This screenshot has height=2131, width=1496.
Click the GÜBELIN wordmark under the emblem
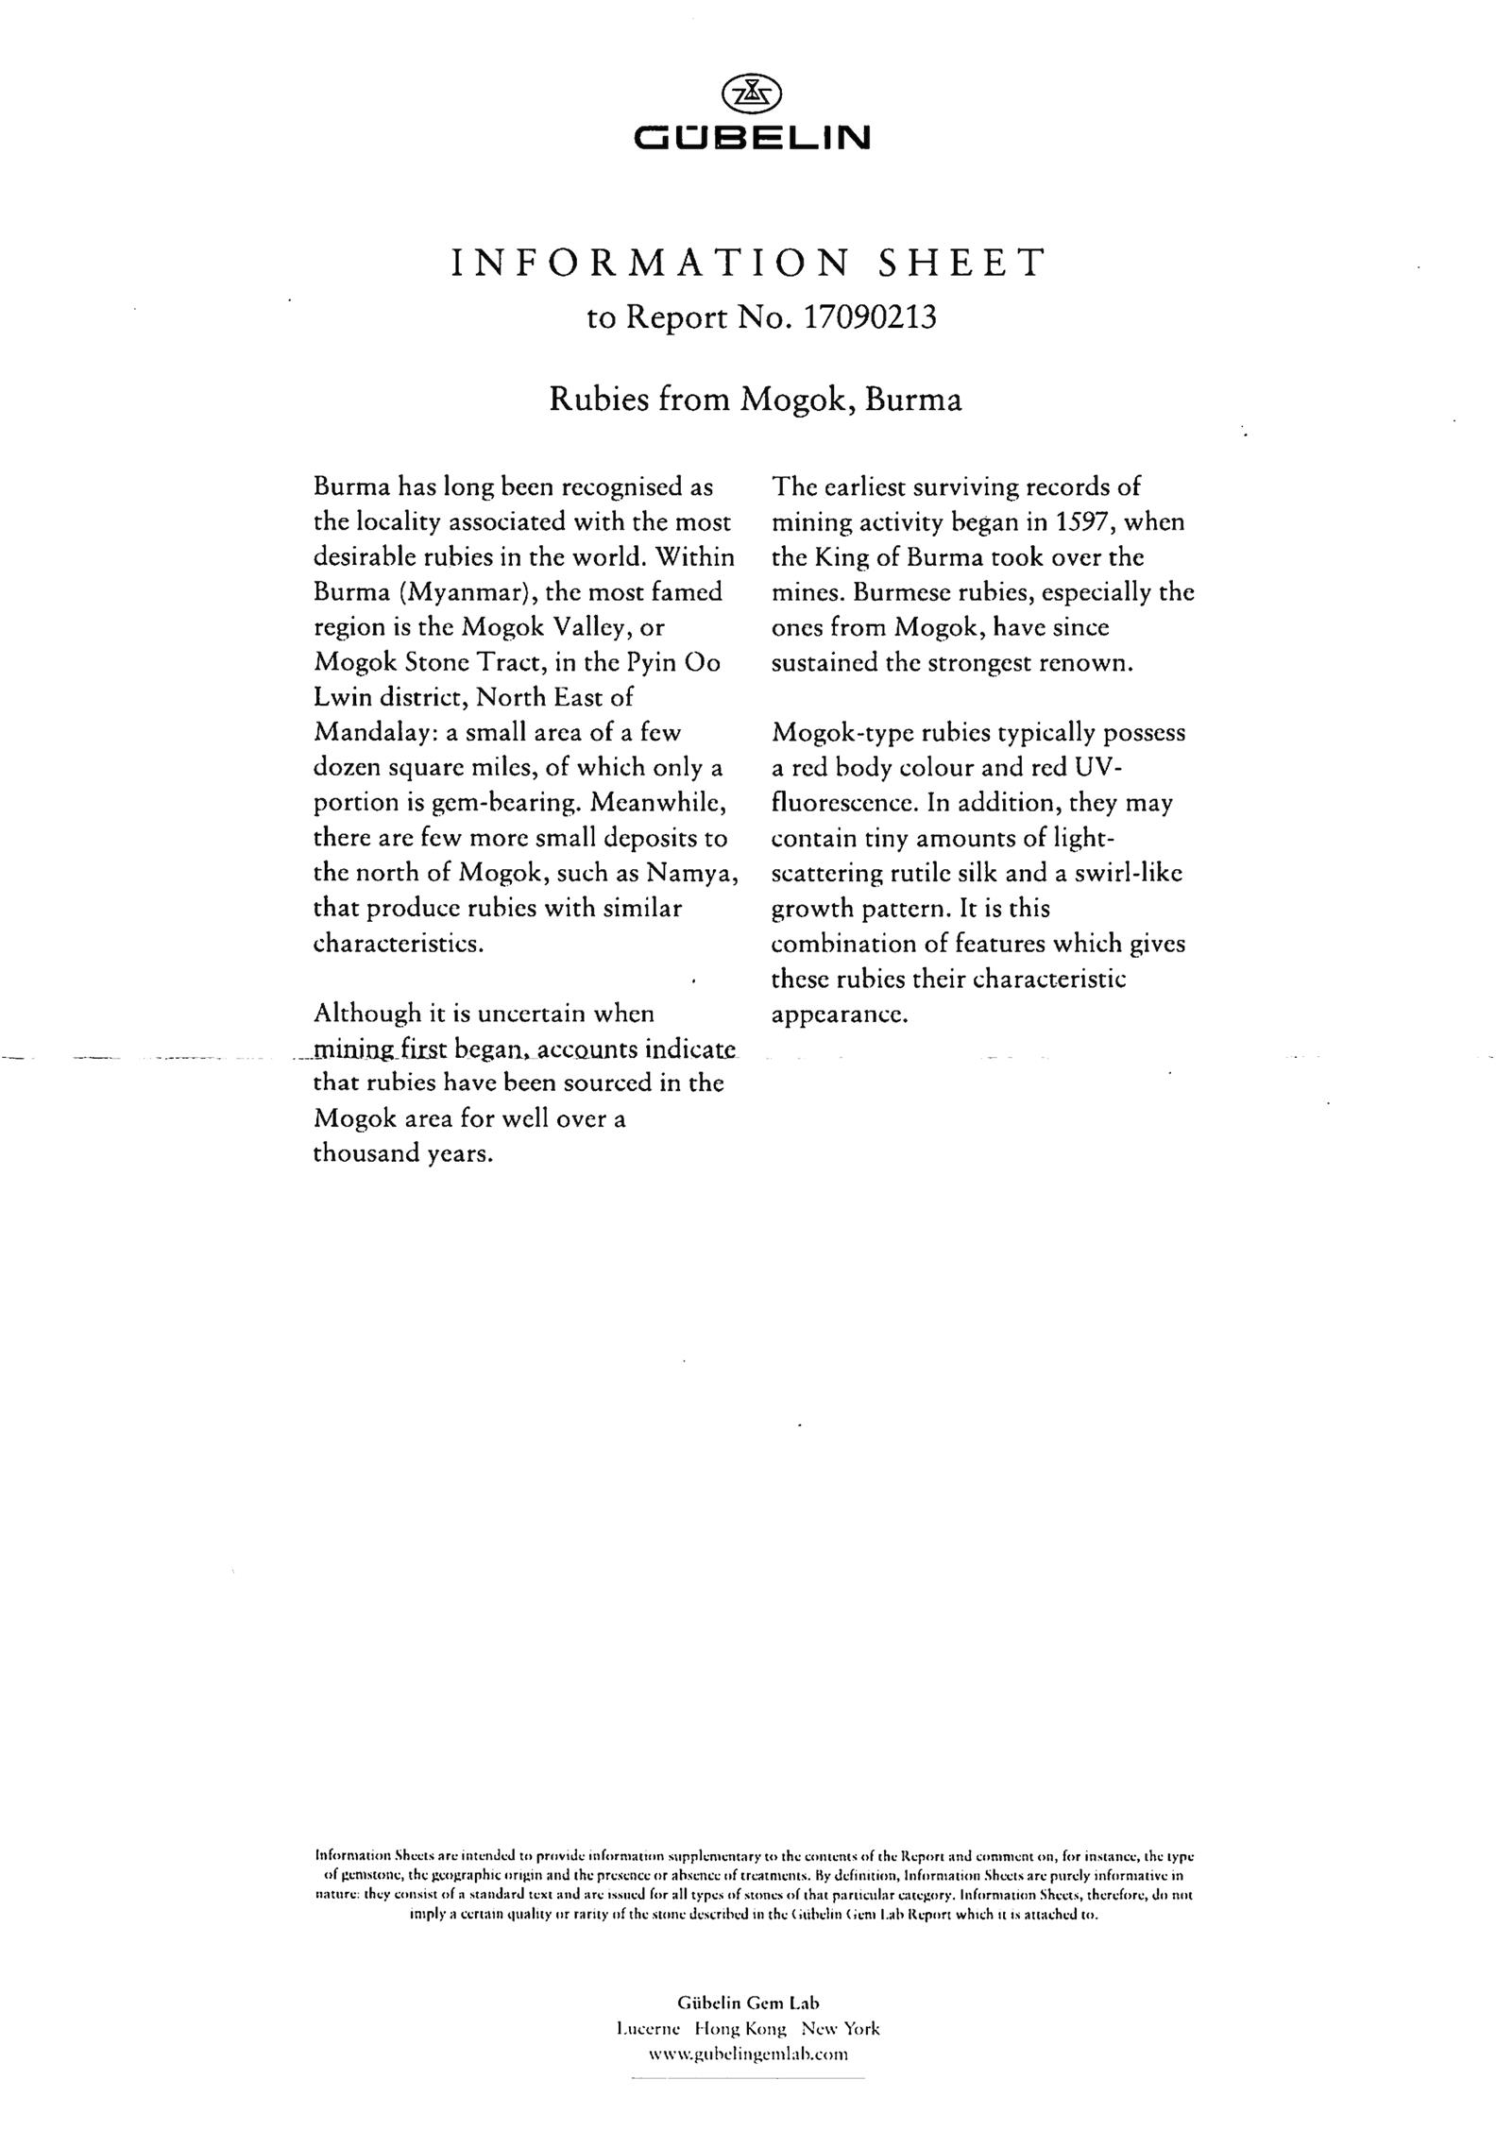(x=752, y=140)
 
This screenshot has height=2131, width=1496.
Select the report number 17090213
(x=868, y=317)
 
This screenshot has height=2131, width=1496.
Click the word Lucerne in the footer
(x=646, y=2028)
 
